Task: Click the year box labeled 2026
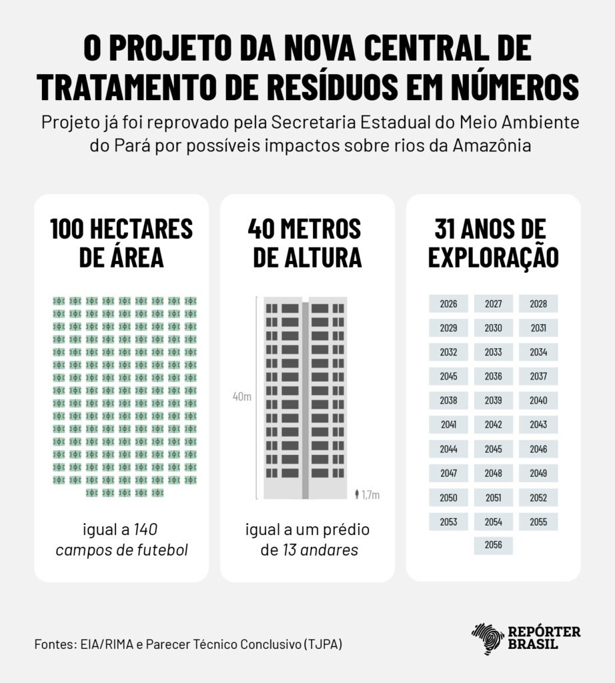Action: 448,304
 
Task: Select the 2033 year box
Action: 494,352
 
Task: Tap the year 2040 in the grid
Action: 538,400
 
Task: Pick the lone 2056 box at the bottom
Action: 494,545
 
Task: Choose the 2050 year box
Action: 448,498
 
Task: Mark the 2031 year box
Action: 538,328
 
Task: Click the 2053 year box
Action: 448,522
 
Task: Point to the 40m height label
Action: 241,398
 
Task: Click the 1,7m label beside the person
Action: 370,495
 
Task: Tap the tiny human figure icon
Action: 358,494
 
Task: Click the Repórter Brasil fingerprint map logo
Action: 488,638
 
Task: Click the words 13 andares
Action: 319,550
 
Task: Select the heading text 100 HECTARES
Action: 121,229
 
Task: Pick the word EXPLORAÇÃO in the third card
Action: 493,257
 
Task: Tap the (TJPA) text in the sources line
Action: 326,645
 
